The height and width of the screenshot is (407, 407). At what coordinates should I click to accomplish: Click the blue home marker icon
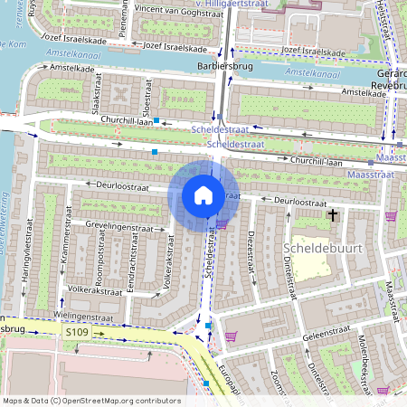tap(203, 195)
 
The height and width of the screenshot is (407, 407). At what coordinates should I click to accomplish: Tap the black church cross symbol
tap(333, 215)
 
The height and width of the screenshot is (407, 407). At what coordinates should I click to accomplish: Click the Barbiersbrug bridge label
tap(222, 67)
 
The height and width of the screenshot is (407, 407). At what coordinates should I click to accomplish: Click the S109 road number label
tap(77, 334)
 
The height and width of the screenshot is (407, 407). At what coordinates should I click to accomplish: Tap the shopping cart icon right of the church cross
tap(390, 216)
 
